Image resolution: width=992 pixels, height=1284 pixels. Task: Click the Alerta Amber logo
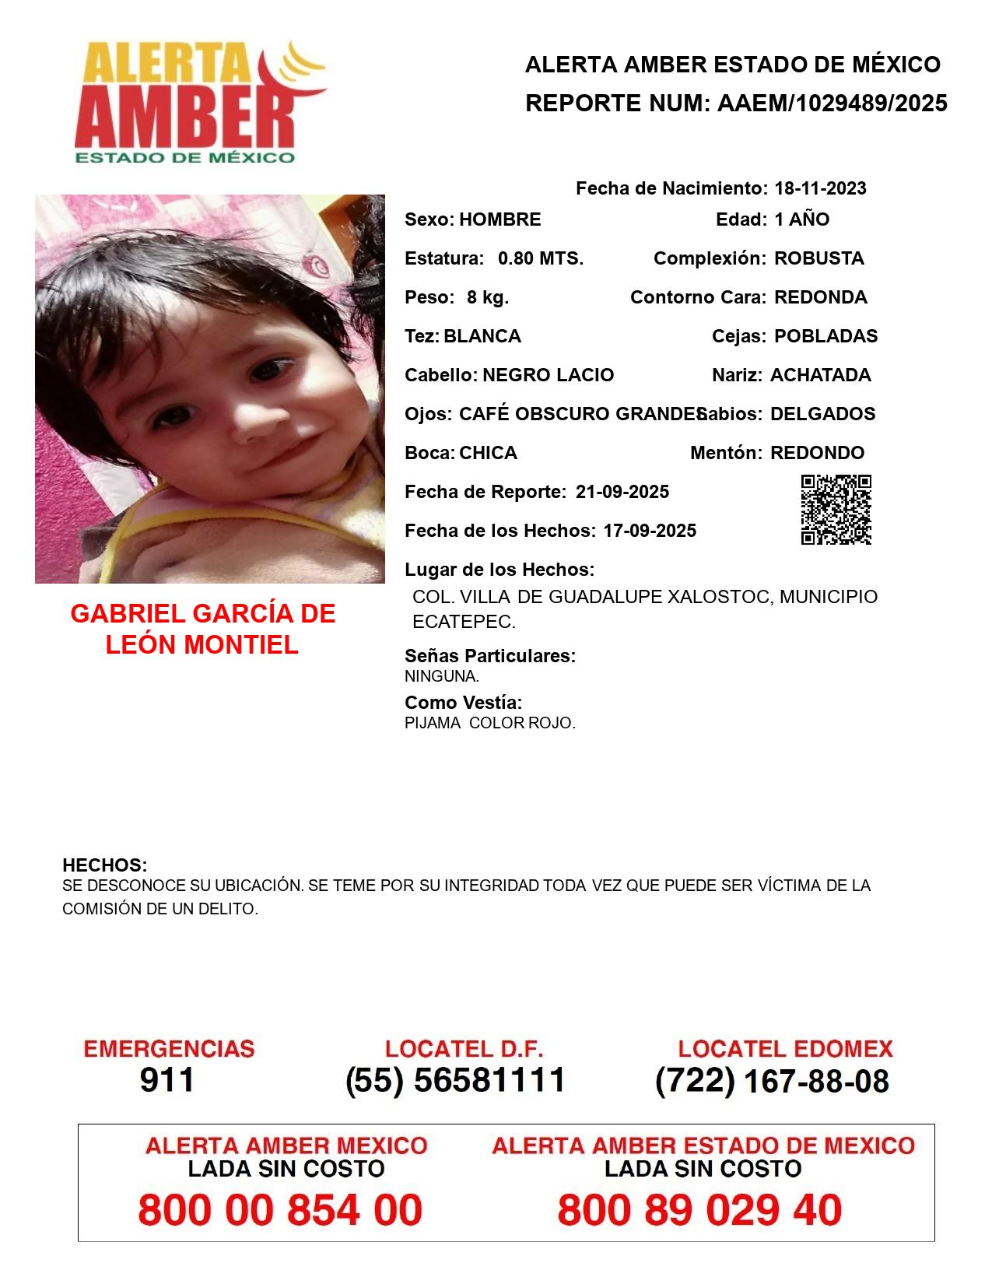coord(198,101)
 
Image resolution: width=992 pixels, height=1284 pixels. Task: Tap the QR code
coord(836,510)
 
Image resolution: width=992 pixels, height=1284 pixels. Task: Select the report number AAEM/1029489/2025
coord(832,103)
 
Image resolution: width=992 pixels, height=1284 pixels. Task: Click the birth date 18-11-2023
coord(820,188)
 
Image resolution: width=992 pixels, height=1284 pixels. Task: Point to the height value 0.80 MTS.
coord(541,258)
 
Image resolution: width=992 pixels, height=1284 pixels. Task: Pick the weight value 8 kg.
coord(488,297)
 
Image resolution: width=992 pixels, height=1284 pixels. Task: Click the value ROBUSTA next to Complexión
coord(818,258)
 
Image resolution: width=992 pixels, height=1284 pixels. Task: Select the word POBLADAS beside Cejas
coord(825,336)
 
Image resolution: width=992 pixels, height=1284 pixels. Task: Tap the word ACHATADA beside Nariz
coord(820,375)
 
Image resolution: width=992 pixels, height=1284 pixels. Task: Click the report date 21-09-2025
coord(622,492)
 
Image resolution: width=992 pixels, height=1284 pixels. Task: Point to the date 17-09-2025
coord(650,531)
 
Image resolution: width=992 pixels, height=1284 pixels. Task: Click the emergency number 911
coord(167,1080)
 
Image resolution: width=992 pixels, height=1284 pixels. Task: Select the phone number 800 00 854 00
coord(280,1210)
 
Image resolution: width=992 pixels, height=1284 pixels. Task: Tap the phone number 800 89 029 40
coord(699,1210)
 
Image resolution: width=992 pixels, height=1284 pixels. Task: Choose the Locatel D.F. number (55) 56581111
coord(456,1080)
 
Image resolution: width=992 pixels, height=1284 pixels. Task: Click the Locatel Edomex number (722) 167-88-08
coord(772,1081)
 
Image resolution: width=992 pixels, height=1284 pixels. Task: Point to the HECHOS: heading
coord(105,865)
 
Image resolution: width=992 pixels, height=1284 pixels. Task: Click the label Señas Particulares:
coord(490,656)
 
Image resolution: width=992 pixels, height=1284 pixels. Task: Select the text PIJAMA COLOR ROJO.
coord(490,723)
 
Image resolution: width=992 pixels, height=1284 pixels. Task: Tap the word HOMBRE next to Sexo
coord(500,219)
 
